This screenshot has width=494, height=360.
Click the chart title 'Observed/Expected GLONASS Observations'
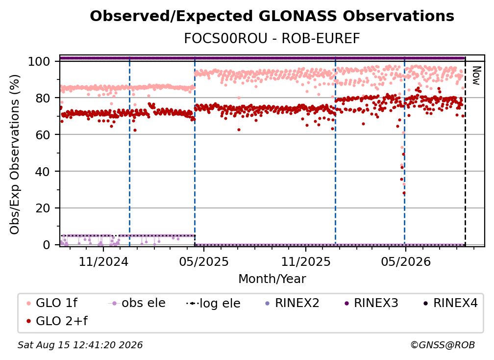[272, 16]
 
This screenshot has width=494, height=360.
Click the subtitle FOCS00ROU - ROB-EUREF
[272, 38]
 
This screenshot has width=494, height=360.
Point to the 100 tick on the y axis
[39, 61]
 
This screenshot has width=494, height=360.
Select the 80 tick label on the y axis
[43, 98]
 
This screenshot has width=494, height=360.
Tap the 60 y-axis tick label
[43, 135]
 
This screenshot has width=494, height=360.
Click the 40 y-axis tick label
[43, 172]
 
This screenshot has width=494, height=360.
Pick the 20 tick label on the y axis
[43, 208]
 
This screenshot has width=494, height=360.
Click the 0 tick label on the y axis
[47, 245]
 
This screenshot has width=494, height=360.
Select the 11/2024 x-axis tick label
[103, 261]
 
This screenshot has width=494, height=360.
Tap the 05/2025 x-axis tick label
[204, 261]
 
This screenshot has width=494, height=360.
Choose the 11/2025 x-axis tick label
[306, 261]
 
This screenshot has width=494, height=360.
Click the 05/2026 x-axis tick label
[406, 261]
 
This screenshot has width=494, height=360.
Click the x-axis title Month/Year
[272, 279]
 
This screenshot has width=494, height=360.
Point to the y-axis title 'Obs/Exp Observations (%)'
[15, 154]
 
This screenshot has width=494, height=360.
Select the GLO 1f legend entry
[52, 303]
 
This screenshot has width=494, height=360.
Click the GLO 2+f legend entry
[57, 321]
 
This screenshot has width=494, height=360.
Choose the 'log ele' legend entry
[213, 304]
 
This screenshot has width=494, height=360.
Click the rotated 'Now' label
[476, 76]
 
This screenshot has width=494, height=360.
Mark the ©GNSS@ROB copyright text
[443, 345]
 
